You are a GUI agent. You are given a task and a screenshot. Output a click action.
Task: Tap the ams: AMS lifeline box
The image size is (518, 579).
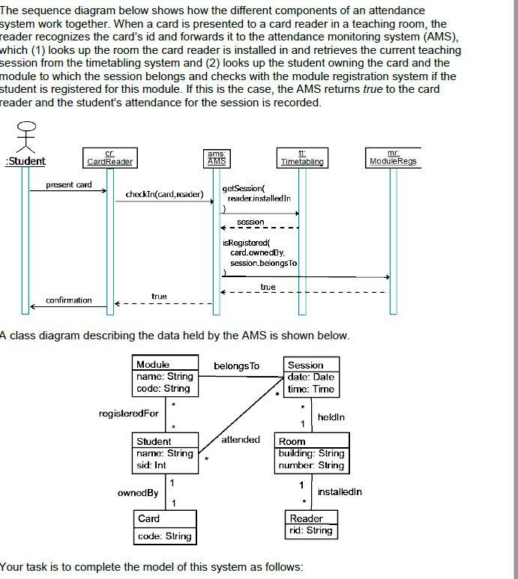tap(217, 157)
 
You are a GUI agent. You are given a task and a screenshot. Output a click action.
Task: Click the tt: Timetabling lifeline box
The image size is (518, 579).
tap(302, 157)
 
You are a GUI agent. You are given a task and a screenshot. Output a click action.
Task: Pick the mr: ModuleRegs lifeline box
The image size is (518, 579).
tap(394, 157)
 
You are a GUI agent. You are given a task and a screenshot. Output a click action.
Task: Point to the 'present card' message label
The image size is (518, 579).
tap(69, 184)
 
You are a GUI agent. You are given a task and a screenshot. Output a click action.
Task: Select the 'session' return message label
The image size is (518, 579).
tap(250, 222)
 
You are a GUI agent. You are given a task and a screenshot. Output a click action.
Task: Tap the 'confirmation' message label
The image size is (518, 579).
tap(69, 300)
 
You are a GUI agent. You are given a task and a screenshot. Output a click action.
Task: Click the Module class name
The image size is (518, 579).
tap(153, 364)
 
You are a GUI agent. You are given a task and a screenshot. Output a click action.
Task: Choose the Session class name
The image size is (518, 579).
tap(306, 365)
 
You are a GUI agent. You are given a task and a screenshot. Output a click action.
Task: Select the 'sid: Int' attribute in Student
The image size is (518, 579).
tap(151, 465)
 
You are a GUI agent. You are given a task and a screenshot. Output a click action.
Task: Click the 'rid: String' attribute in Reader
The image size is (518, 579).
tap(310, 530)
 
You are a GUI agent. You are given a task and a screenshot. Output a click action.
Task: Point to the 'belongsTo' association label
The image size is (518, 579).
tap(237, 366)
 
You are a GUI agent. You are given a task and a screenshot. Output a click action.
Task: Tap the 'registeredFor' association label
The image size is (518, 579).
tap(129, 413)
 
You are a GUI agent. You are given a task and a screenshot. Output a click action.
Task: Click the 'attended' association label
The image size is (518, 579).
tap(241, 440)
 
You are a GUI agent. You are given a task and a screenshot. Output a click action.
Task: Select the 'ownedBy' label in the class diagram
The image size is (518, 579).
tap(138, 493)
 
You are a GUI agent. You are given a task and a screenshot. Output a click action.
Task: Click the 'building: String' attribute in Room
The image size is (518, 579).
tap(311, 453)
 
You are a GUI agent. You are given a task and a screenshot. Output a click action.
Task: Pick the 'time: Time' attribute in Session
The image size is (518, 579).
tap(311, 389)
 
